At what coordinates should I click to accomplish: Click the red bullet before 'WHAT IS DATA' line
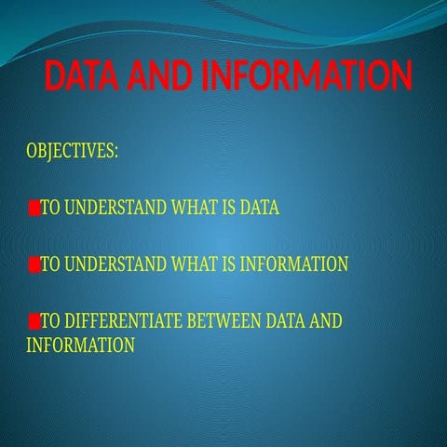34,208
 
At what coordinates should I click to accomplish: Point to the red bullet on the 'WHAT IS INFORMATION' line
34,264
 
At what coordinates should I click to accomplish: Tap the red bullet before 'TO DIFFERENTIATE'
34,322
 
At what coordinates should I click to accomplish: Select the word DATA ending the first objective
259,208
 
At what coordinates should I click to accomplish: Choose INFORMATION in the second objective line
294,264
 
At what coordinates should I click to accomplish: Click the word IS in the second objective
227,264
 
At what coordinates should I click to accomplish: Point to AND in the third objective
326,322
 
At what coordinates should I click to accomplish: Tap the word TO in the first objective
50,208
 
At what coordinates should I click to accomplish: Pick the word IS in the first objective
227,208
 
